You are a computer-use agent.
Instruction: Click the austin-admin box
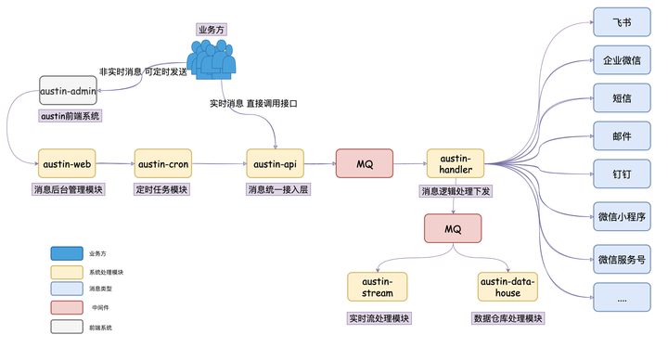[69, 91]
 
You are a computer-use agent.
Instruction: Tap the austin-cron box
[163, 164]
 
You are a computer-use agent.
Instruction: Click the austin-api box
[275, 164]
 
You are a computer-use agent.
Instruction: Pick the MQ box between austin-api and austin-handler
[365, 164]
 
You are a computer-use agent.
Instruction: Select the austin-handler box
[456, 164]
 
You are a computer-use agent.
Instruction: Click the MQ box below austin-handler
[453, 228]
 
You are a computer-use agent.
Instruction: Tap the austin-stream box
[378, 287]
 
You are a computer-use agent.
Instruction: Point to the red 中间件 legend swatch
[67, 307]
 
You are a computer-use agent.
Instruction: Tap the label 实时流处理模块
[379, 318]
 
